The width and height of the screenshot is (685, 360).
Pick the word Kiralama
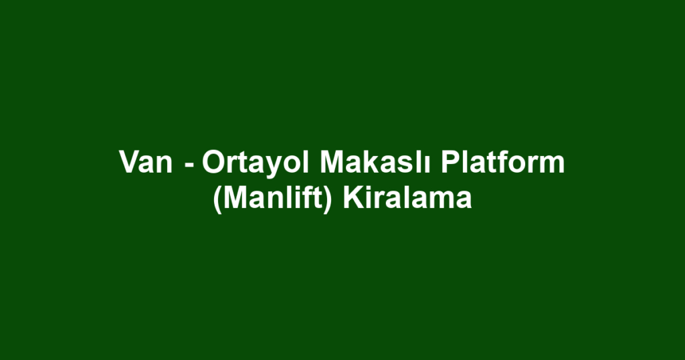pos(407,199)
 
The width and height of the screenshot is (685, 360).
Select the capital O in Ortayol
pos(213,163)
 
